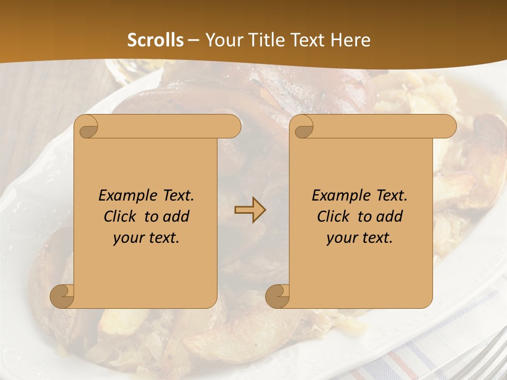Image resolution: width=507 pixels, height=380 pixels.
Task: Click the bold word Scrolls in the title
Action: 156,40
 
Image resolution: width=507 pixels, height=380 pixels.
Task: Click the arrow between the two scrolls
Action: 250,211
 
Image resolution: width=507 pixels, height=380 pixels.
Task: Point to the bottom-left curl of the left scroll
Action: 62,297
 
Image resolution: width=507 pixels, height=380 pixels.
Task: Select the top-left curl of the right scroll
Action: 302,127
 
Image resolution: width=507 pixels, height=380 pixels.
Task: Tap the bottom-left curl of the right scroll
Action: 278,297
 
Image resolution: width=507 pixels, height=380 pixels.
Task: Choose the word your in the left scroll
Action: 128,238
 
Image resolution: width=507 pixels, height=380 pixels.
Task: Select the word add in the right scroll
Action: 390,216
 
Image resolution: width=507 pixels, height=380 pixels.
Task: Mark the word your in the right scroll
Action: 342,238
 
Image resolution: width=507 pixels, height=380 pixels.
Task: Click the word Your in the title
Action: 222,40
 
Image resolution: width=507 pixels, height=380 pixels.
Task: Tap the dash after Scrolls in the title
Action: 194,40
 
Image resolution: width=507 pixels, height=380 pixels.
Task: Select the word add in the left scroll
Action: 176,216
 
